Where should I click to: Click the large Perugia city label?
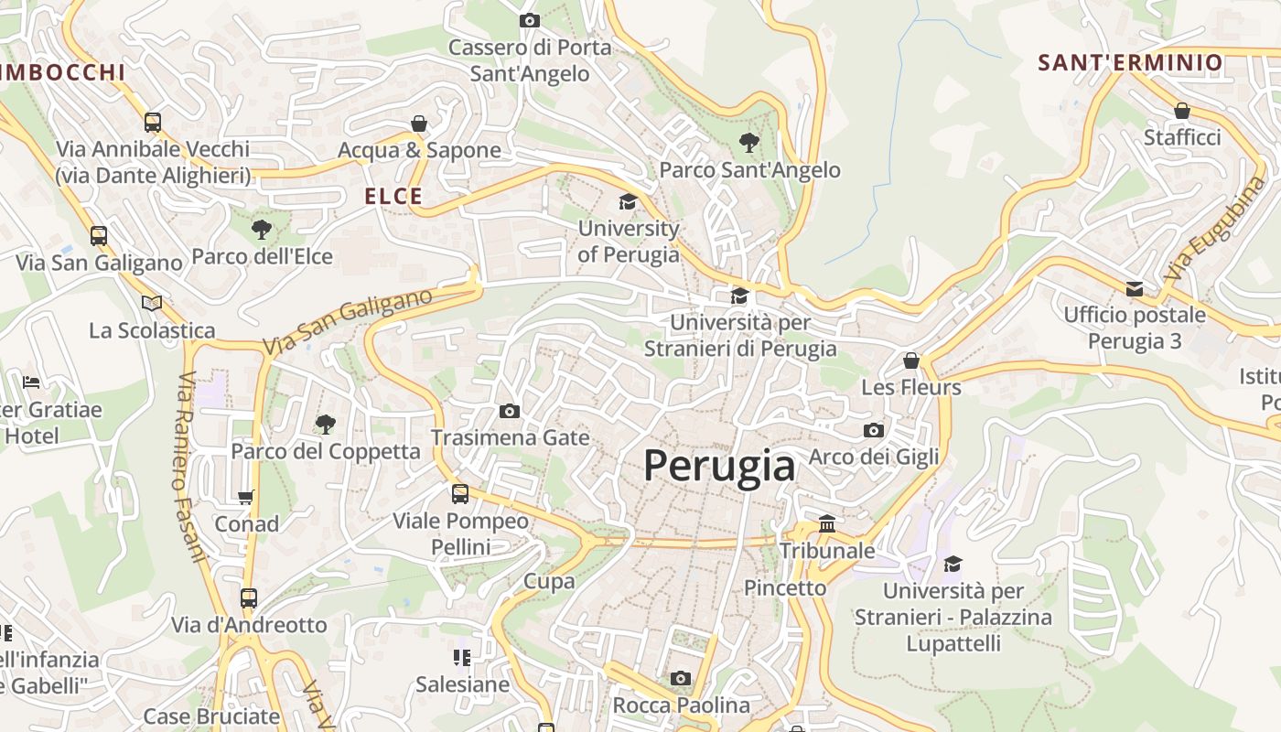(x=719, y=466)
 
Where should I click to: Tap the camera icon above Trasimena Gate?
(x=510, y=412)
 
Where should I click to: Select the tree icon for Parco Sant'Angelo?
(x=749, y=143)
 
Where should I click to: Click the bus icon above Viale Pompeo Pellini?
(x=460, y=494)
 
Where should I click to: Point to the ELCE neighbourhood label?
(x=393, y=196)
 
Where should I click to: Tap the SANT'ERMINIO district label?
(x=1130, y=62)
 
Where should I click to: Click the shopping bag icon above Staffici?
(x=1182, y=111)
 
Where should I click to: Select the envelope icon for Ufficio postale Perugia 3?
(x=1135, y=289)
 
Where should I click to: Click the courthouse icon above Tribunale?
(x=827, y=524)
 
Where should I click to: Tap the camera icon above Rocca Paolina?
(x=680, y=678)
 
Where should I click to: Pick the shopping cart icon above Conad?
(x=245, y=498)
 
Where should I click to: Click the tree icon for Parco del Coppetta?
(x=325, y=424)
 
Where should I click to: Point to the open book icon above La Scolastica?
(x=152, y=303)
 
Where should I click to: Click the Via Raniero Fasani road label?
(x=188, y=467)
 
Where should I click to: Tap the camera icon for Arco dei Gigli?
(x=874, y=430)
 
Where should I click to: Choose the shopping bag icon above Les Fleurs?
(x=910, y=361)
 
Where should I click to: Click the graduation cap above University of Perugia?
(x=628, y=201)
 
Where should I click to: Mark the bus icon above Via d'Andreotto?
(x=249, y=598)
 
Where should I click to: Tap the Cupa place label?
(x=549, y=581)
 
